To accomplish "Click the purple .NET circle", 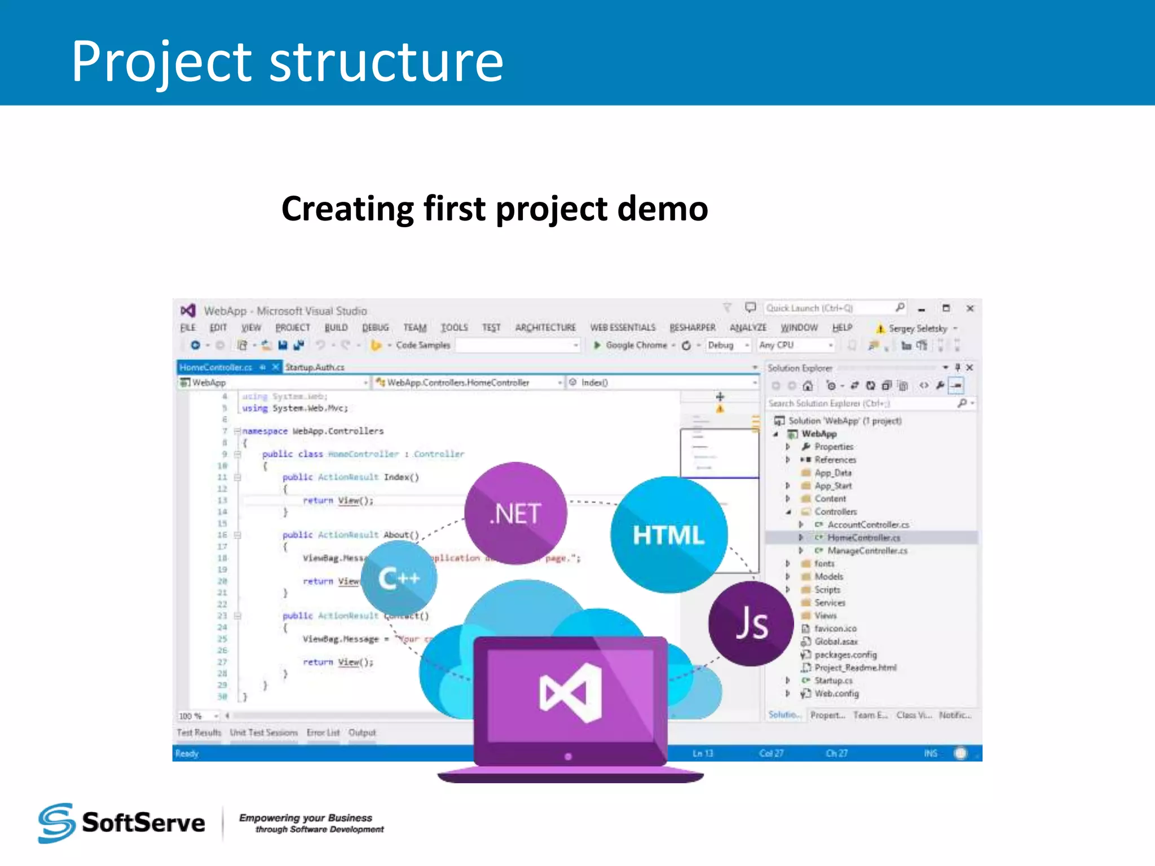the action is (x=515, y=512).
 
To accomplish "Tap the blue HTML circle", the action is (x=668, y=534).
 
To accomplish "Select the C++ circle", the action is (x=399, y=578).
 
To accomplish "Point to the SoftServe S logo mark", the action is (x=56, y=823).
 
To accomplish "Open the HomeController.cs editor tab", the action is (x=216, y=368).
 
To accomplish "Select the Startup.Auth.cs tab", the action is (x=315, y=368).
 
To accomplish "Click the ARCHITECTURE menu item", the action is (x=545, y=328).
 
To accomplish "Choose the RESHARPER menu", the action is (x=692, y=328).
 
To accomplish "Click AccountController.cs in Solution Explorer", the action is (x=868, y=525).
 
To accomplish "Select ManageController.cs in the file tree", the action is (x=867, y=551).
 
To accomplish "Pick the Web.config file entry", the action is (x=836, y=693).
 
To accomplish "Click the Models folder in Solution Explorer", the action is (x=828, y=577).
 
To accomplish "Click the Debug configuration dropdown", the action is (x=728, y=345).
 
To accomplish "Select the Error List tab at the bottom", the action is (x=323, y=732).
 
